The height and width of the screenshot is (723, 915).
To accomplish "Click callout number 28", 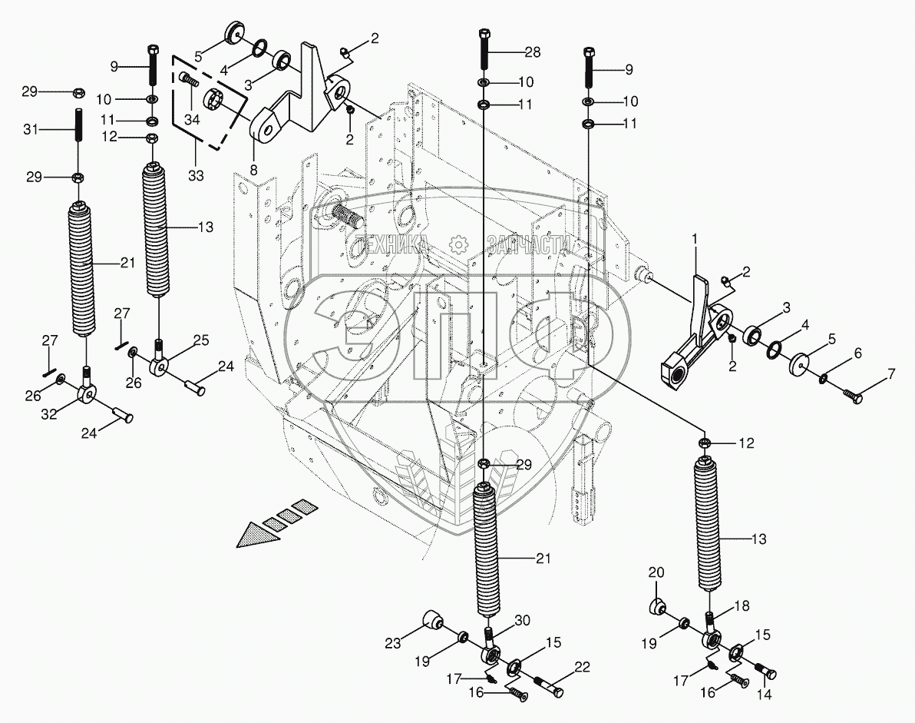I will (x=533, y=52).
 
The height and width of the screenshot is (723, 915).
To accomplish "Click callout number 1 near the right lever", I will (x=694, y=240).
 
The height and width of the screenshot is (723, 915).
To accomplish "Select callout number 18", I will (x=742, y=606).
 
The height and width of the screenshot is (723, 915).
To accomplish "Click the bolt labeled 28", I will (x=485, y=50).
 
